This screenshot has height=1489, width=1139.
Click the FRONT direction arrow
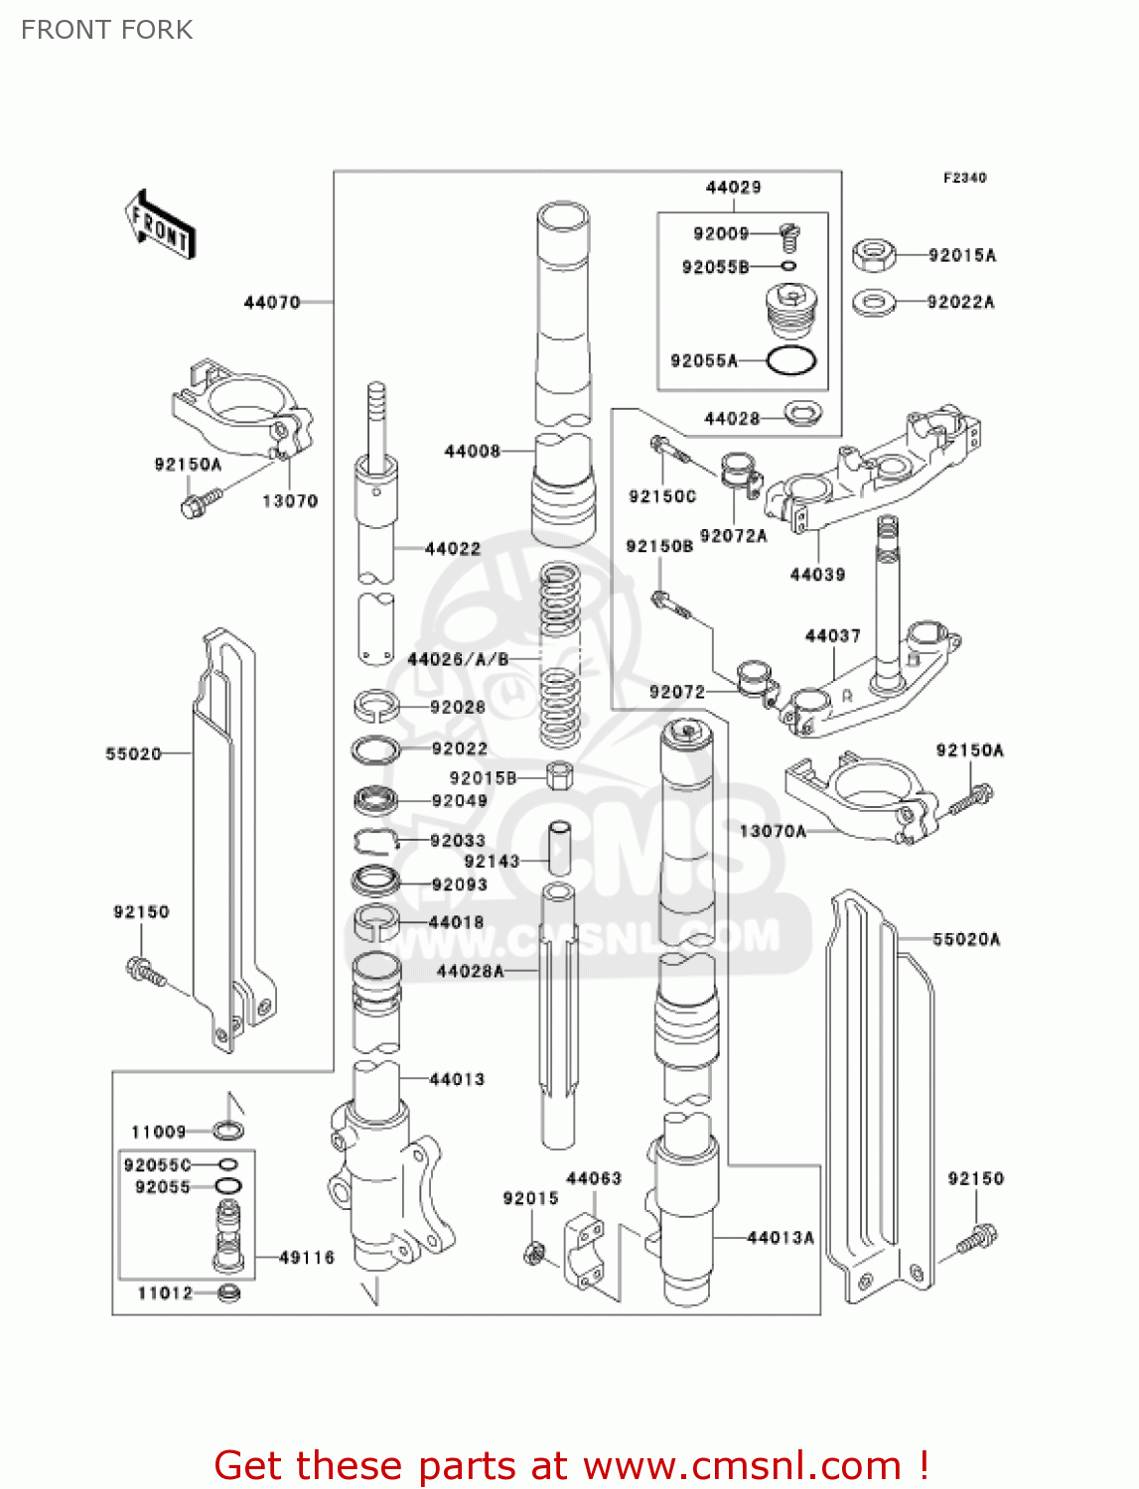coord(159,225)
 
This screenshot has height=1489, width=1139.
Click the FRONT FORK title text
coord(107,30)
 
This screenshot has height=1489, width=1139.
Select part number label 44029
coord(733,188)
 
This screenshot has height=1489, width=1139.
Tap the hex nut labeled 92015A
coord(873,255)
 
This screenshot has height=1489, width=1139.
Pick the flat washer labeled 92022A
coord(873,301)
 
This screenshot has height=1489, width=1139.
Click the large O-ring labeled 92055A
coord(791,361)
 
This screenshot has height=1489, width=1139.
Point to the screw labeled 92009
coord(790,236)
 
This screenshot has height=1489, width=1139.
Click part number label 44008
coord(472,452)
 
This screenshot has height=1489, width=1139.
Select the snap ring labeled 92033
coord(374,841)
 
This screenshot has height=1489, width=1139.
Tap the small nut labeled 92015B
coord(559,775)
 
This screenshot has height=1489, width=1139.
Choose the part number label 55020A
coord(966,939)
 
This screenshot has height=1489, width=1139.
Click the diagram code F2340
coord(964,178)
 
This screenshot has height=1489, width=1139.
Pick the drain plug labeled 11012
coord(229,1292)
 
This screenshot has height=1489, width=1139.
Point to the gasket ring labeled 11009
coord(229,1131)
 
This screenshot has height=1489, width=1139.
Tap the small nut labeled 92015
coord(533,1254)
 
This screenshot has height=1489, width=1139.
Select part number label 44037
coord(832,635)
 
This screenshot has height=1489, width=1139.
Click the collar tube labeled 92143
coord(560,847)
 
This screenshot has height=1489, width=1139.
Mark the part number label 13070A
coord(773,831)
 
